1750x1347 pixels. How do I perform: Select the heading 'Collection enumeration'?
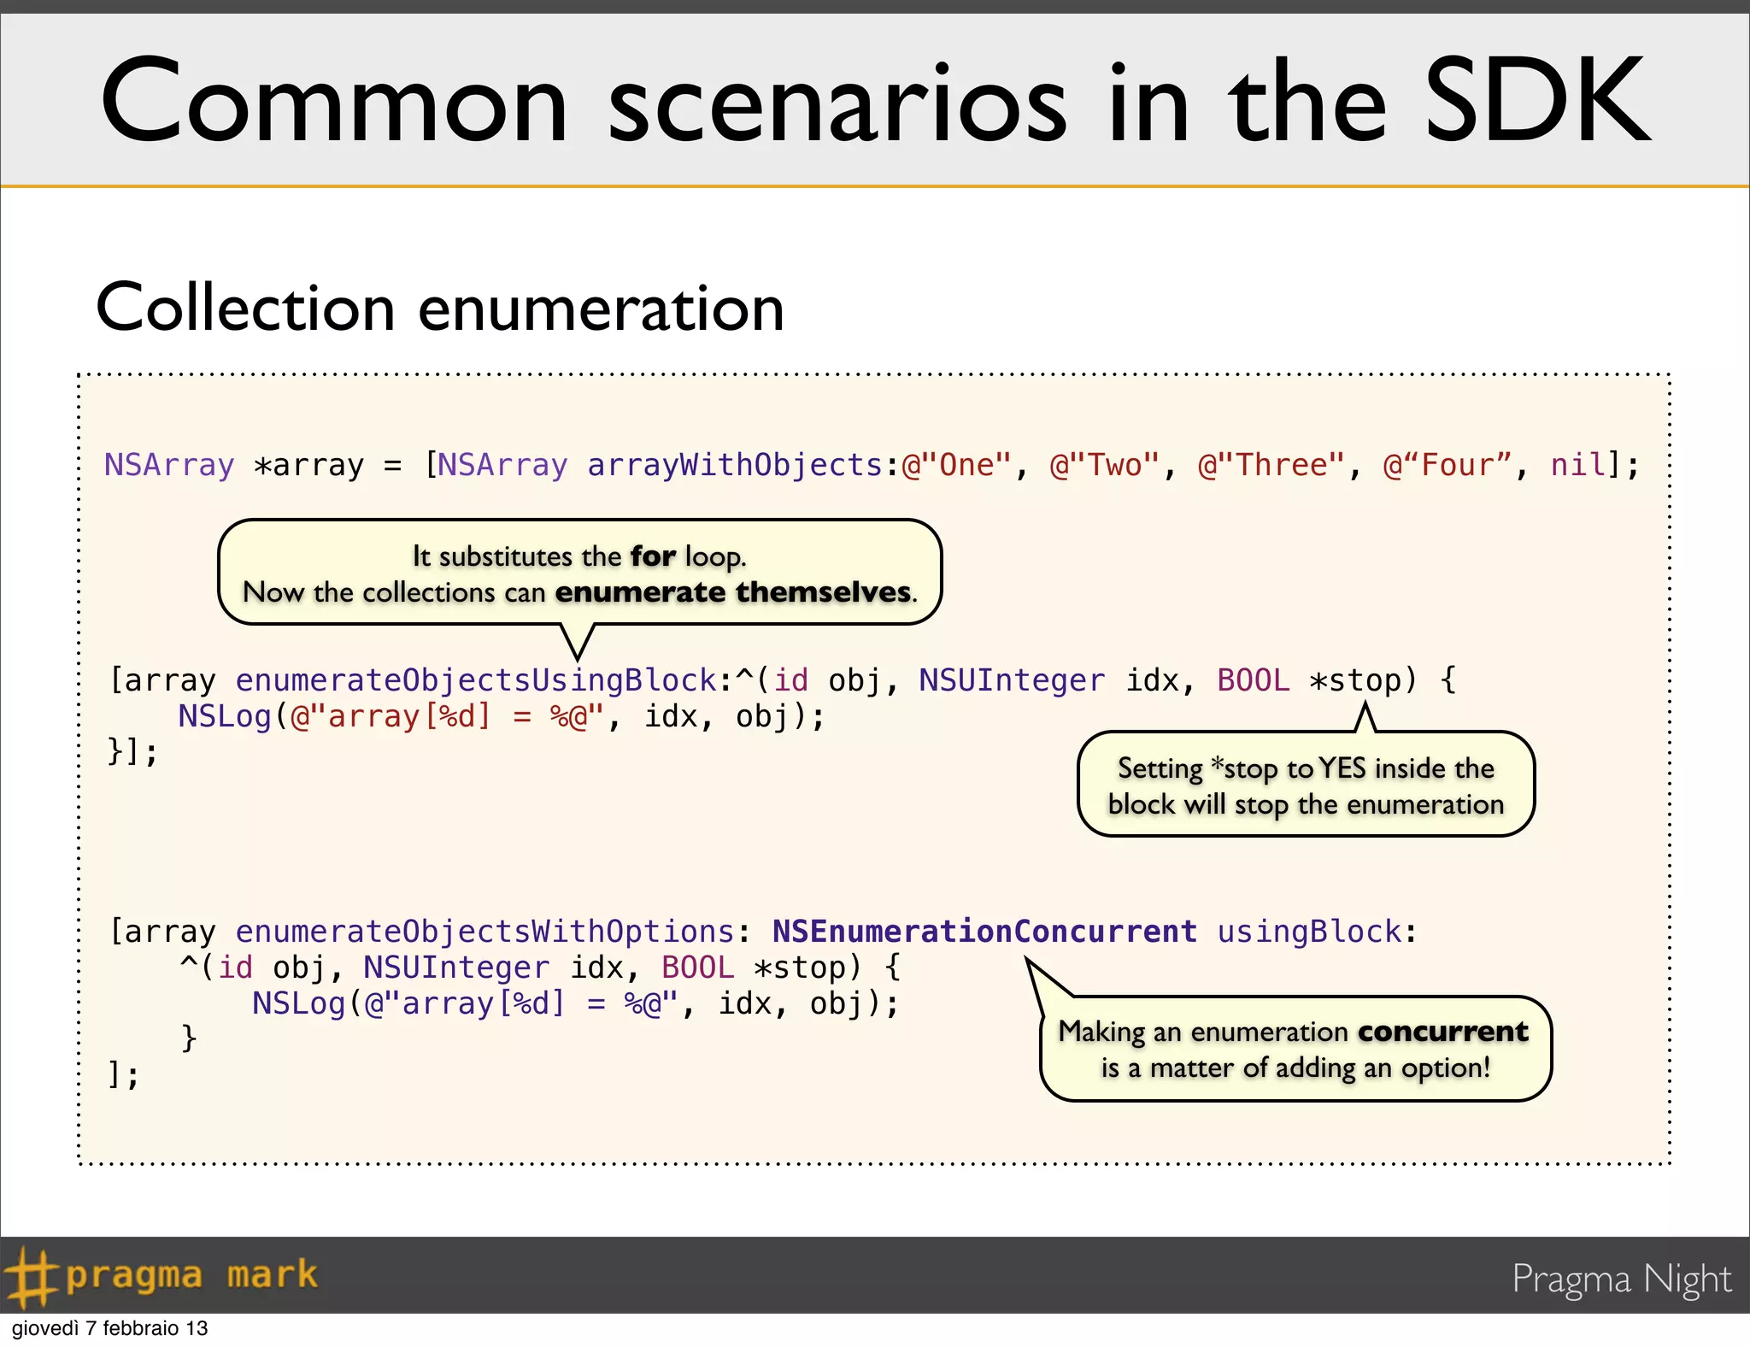tap(440, 308)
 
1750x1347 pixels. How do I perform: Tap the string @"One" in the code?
tap(956, 466)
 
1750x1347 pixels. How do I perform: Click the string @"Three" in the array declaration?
tap(1271, 466)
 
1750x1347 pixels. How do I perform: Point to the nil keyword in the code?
tap(1578, 466)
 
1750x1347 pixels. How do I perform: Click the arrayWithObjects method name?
tap(735, 466)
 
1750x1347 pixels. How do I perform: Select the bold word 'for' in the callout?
tap(653, 556)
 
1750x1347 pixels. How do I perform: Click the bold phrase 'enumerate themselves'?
tap(733, 592)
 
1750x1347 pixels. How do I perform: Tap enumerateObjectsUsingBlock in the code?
tap(476, 680)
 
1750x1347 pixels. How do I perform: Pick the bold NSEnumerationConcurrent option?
tap(984, 932)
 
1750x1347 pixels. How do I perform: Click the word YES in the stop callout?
tap(1342, 768)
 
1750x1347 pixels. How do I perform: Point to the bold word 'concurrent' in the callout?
tap(1442, 1032)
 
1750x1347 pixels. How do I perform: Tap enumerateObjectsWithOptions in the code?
tap(484, 932)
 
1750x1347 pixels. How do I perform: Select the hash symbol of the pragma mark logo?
tap(29, 1276)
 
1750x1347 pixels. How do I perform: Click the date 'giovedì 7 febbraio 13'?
tap(109, 1328)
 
